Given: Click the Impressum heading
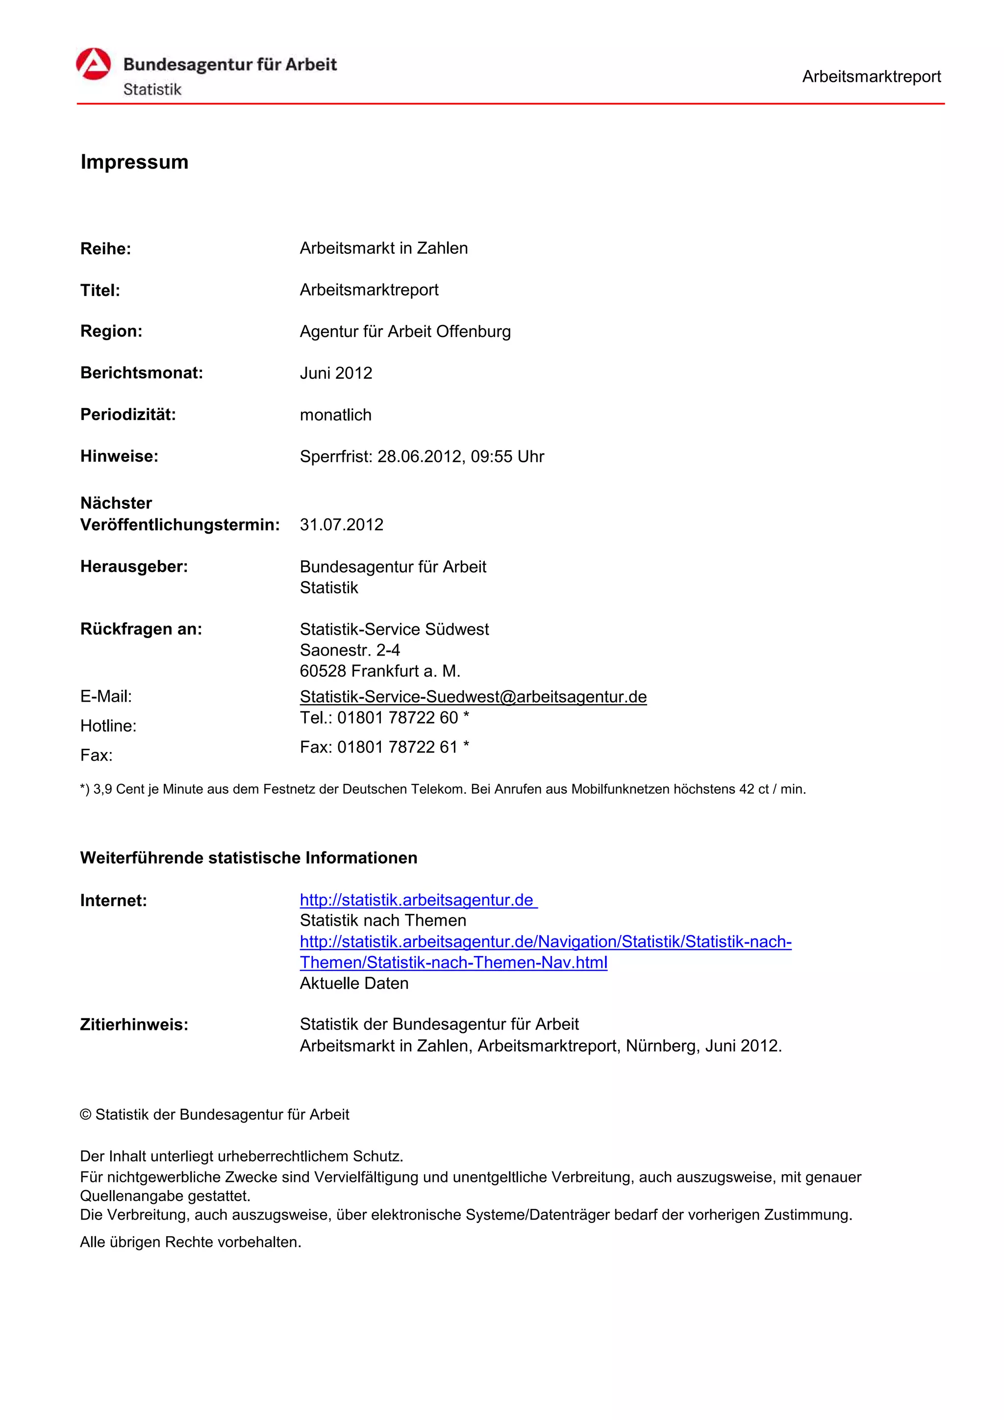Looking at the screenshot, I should (x=134, y=162).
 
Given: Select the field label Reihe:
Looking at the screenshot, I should (x=106, y=248).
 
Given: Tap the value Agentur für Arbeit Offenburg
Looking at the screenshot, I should (x=405, y=332).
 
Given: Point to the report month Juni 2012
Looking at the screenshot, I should (x=336, y=373).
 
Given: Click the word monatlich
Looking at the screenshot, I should (x=335, y=415).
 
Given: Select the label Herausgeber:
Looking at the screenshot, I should (x=134, y=566).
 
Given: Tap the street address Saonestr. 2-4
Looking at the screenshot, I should (x=350, y=650).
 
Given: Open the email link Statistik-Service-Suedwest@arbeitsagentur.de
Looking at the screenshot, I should (x=473, y=696).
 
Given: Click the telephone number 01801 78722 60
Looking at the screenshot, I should (x=397, y=717).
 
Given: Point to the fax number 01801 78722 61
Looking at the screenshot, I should (x=397, y=747).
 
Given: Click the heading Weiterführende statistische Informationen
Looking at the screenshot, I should (x=249, y=858).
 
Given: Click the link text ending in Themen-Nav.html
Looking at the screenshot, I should (x=453, y=962).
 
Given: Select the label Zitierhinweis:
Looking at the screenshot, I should (x=134, y=1025).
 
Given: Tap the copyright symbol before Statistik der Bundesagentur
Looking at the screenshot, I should (x=86, y=1114).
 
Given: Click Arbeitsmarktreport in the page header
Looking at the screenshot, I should (x=871, y=77).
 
